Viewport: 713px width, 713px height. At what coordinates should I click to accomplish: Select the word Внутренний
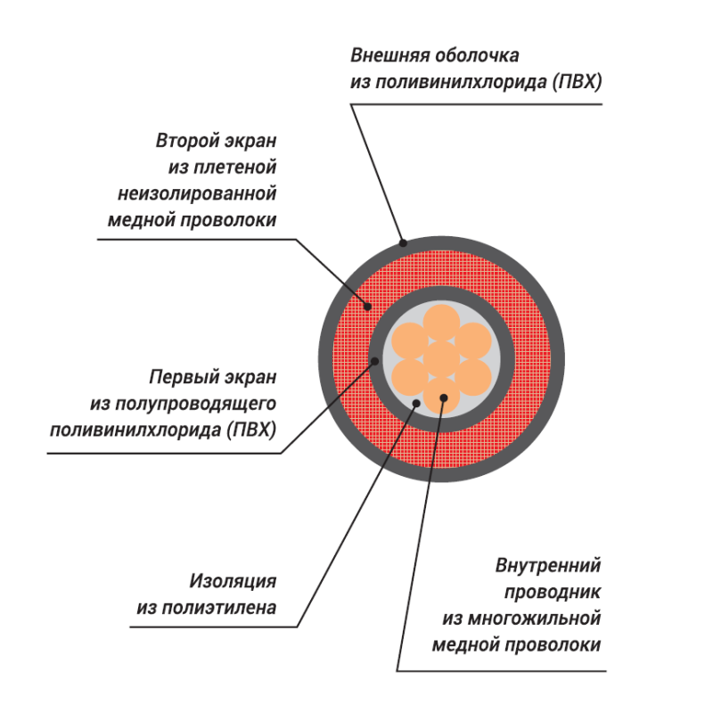click(548, 565)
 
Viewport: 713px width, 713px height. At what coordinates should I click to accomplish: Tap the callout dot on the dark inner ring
click(375, 361)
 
